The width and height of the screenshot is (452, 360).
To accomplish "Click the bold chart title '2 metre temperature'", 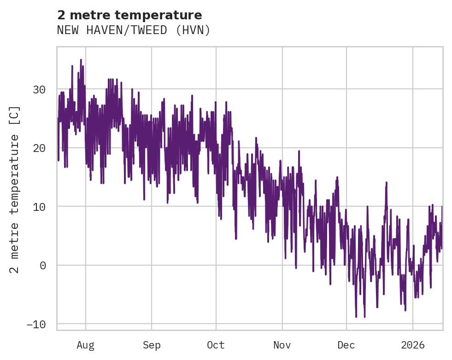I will tap(129, 15).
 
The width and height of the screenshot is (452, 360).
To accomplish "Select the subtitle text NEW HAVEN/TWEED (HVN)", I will tap(134, 30).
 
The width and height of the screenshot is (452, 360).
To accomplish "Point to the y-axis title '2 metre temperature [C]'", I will tap(15, 189).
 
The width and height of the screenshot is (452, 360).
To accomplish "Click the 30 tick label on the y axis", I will tap(39, 89).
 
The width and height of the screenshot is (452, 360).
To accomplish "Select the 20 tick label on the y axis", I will tap(39, 148).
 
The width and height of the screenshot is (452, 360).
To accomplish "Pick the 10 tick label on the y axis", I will tap(39, 206).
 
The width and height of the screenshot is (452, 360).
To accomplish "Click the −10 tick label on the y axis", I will tap(35, 324).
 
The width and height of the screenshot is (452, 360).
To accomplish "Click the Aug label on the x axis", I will tap(85, 345).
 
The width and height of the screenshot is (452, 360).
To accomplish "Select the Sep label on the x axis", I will tap(151, 345).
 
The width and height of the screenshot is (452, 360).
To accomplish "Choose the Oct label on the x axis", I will tap(216, 345).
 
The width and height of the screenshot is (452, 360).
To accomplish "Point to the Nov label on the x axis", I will tap(282, 345).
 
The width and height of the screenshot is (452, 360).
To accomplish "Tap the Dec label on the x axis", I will tap(346, 345).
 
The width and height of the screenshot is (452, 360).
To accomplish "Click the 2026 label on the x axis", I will tap(412, 345).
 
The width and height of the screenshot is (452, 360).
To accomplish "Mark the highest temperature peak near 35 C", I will tap(81, 60).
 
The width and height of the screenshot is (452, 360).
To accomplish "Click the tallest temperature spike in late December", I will tap(387, 183).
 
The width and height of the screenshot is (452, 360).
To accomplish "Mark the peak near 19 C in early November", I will tap(299, 151).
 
